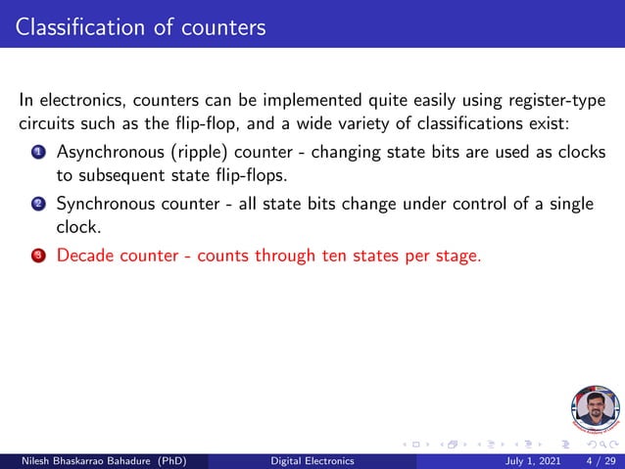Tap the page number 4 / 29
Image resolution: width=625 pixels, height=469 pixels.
pos(600,460)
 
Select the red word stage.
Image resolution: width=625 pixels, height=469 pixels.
pos(457,257)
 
